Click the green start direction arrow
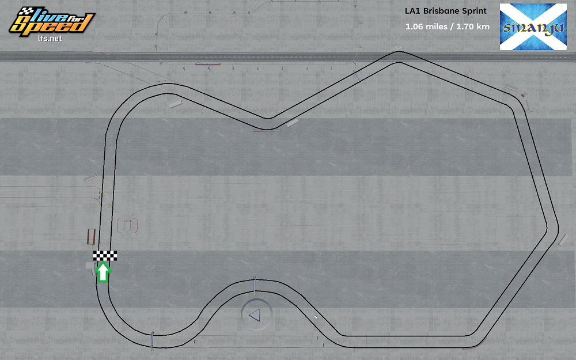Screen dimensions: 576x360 pyautogui.click(x=103, y=272)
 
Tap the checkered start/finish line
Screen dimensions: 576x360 pyautogui.click(x=105, y=256)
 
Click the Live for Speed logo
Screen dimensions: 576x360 pyautogui.click(x=51, y=22)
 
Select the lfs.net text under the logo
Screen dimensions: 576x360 pyautogui.click(x=50, y=39)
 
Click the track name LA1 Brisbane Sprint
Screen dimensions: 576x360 pyautogui.click(x=446, y=11)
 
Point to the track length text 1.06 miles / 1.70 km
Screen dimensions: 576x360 pyautogui.click(x=448, y=27)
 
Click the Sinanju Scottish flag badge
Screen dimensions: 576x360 pyautogui.click(x=533, y=27)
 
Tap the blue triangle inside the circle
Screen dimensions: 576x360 pyautogui.click(x=255, y=315)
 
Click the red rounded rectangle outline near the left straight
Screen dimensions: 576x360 pyautogui.click(x=127, y=225)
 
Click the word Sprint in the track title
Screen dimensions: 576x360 pyautogui.click(x=475, y=11)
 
